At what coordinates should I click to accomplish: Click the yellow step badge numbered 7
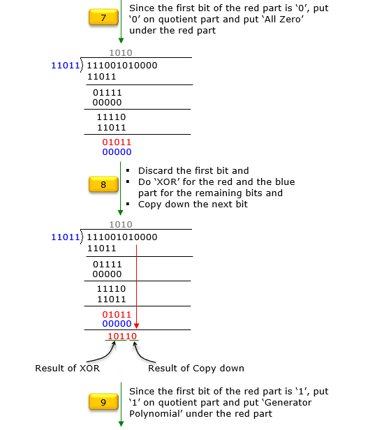pyautogui.click(x=103, y=17)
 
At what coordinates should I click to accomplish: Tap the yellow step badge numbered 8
pyautogui.click(x=103, y=184)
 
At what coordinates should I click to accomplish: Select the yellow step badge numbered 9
pyautogui.click(x=103, y=402)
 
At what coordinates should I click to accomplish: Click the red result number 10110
pyautogui.click(x=122, y=336)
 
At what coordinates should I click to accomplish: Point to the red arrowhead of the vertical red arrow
pyautogui.click(x=136, y=325)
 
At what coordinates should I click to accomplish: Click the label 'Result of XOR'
pyautogui.click(x=68, y=368)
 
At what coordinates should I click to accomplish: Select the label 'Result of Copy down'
pyautogui.click(x=196, y=369)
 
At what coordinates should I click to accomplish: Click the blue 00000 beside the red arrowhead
pyautogui.click(x=117, y=324)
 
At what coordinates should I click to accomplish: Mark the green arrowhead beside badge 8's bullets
pyautogui.click(x=120, y=212)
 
